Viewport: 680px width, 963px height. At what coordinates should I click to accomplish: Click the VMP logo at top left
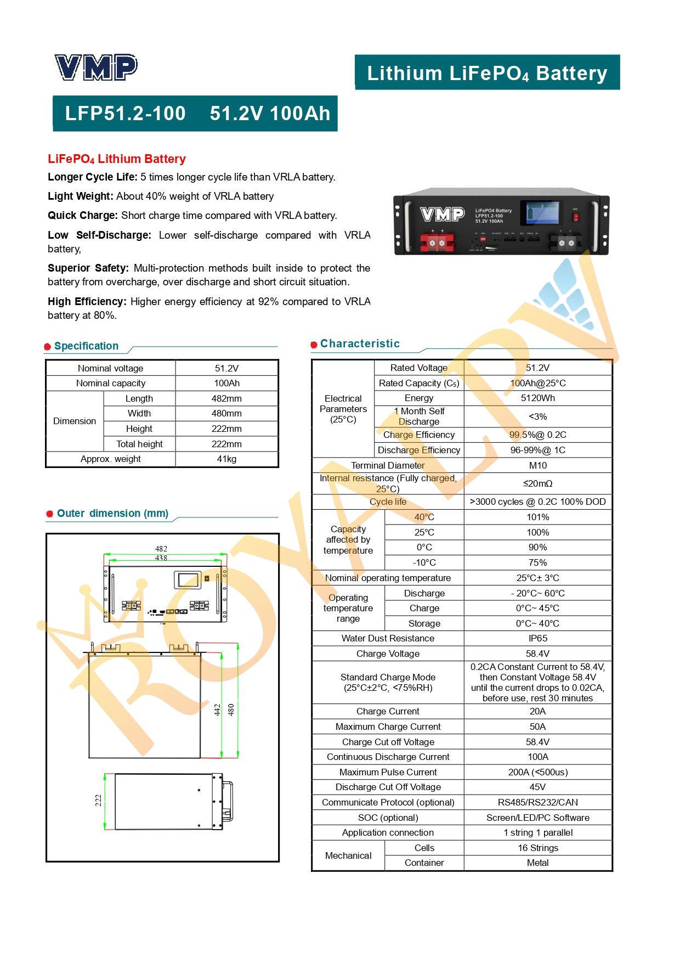point(96,67)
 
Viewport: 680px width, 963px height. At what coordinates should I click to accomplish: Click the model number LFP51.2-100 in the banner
point(125,114)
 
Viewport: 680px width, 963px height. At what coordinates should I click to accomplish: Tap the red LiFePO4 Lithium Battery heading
point(117,159)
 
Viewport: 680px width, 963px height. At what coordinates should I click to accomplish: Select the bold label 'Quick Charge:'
point(83,216)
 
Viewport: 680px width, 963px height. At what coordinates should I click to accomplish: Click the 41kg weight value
point(226,459)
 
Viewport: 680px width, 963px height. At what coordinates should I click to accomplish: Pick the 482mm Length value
point(226,398)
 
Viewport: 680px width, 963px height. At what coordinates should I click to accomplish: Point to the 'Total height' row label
point(139,444)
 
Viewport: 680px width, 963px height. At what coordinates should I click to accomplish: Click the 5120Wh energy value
point(537,398)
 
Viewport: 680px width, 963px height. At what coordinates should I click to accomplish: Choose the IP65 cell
point(537,638)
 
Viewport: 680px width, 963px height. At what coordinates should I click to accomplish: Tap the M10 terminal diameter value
point(537,465)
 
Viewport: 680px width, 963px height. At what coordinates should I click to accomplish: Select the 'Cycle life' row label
point(388,502)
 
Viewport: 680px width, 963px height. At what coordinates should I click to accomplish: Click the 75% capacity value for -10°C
point(537,562)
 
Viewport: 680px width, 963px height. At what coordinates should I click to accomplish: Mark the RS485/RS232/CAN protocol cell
point(537,802)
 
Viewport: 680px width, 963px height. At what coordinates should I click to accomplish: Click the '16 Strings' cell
point(537,848)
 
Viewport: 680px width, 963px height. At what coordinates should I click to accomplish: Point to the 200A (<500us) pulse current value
point(537,772)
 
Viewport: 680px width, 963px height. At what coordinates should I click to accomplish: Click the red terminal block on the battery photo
point(437,242)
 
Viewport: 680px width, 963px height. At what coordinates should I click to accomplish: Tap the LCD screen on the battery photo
point(543,212)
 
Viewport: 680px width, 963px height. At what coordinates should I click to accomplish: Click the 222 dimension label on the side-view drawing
point(98,801)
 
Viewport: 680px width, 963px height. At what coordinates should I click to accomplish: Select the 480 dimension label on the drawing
point(231,709)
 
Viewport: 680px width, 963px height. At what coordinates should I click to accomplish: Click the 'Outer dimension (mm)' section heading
point(112,514)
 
